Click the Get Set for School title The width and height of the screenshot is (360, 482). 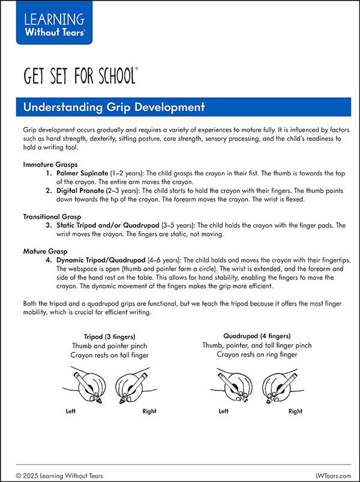click(x=80, y=77)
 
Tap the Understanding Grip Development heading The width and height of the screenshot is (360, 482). click(x=114, y=108)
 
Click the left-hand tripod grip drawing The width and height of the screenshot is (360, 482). click(x=91, y=387)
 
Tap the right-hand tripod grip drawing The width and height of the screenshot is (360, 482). click(x=132, y=387)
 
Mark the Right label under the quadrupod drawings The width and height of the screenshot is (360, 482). click(x=295, y=411)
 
